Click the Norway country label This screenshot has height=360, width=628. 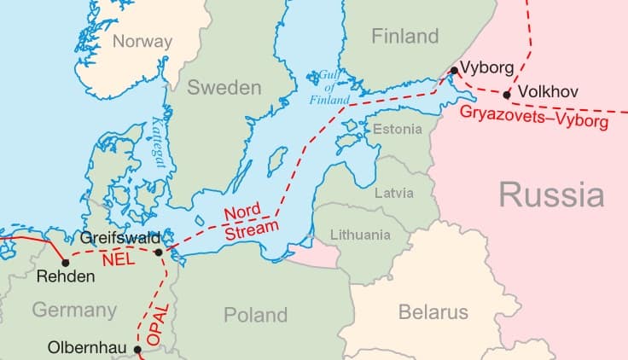click(142, 41)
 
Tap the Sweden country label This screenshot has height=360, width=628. click(224, 87)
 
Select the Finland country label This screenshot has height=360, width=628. click(405, 37)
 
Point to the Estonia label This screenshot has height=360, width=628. click(398, 129)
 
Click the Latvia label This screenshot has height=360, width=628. click(394, 193)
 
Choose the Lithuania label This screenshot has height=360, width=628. click(359, 235)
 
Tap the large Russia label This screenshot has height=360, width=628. click(551, 195)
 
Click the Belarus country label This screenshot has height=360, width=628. click(433, 312)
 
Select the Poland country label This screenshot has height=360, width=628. click(255, 315)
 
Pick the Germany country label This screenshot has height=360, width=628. click(74, 310)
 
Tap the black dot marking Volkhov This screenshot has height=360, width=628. click(508, 95)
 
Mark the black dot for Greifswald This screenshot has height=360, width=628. click(159, 252)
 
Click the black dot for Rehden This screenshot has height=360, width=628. click(66, 262)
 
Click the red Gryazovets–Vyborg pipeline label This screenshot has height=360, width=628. click(534, 118)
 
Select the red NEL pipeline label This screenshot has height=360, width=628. click(118, 259)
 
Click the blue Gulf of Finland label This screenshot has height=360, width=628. click(329, 88)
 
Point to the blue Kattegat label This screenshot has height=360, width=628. click(158, 140)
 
